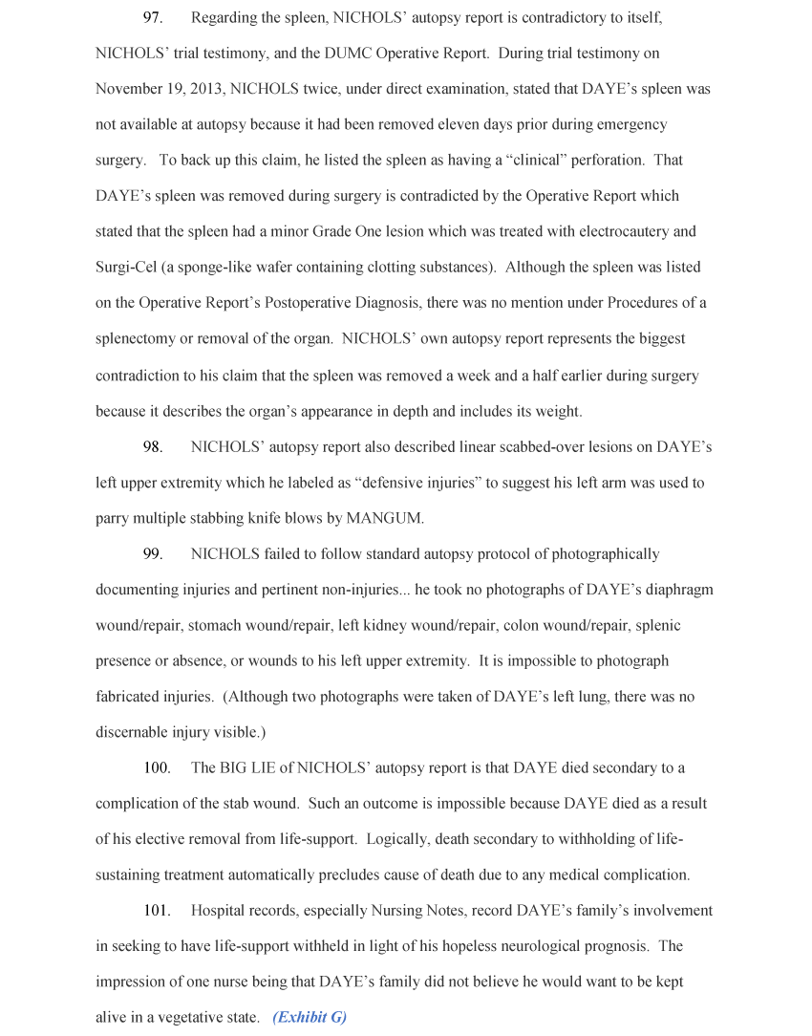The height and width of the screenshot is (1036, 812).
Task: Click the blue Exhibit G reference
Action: pyautogui.click(x=310, y=1018)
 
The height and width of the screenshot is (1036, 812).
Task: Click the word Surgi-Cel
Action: pyautogui.click(x=127, y=268)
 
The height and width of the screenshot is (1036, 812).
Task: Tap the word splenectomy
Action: pyautogui.click(x=138, y=339)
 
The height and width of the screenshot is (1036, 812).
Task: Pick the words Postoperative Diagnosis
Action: pyautogui.click(x=340, y=304)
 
